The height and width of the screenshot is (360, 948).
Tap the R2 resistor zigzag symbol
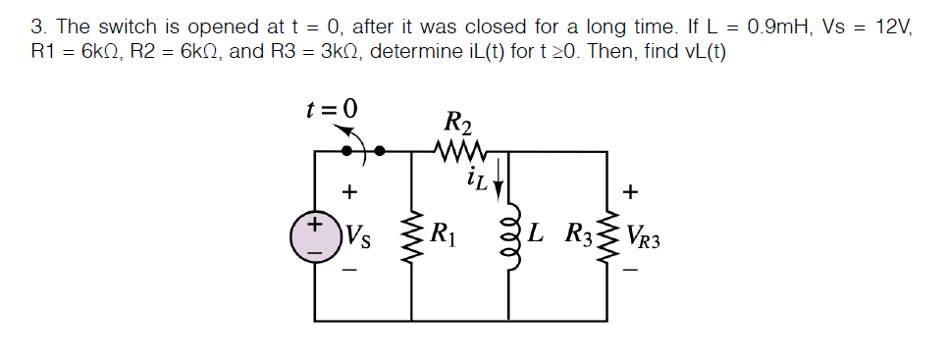(x=458, y=151)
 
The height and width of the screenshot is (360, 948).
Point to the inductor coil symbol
(x=509, y=236)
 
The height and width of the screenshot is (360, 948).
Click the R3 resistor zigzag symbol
(x=606, y=236)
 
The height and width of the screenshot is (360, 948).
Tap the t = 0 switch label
(x=332, y=108)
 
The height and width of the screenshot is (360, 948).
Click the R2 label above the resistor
(x=458, y=124)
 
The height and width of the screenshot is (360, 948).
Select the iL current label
(x=478, y=179)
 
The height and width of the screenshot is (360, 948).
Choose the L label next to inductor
(x=535, y=234)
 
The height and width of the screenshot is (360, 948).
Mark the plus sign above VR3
(x=631, y=190)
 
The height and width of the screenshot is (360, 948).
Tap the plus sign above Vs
(x=350, y=190)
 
